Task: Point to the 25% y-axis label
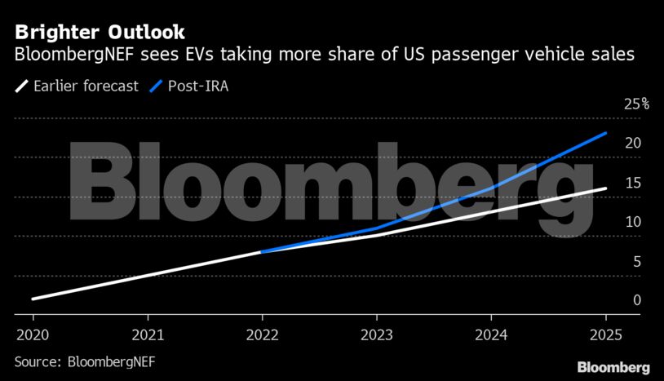click(x=636, y=104)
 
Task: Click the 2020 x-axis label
click(x=33, y=334)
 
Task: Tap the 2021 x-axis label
click(x=148, y=334)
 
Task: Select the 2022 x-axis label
click(x=262, y=334)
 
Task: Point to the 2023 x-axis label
click(x=377, y=334)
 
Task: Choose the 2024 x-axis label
click(x=491, y=334)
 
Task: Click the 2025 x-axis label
click(x=605, y=334)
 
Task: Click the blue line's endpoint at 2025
click(x=605, y=132)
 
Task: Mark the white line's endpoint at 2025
click(x=605, y=188)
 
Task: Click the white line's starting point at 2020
click(x=33, y=299)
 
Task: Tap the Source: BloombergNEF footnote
click(x=85, y=360)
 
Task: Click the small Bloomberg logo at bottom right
click(x=613, y=367)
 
